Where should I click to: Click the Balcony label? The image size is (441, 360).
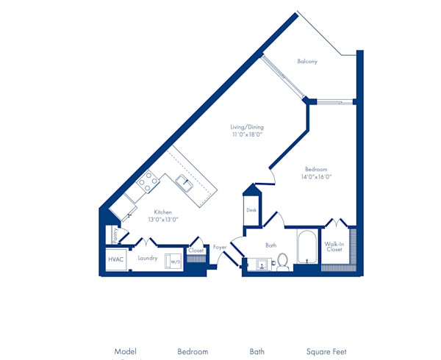click(307, 62)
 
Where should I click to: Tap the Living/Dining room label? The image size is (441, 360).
click(247, 127)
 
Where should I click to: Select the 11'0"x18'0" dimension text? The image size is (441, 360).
click(247, 135)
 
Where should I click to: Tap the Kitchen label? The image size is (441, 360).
click(162, 212)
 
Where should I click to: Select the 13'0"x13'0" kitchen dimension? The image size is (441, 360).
click(162, 220)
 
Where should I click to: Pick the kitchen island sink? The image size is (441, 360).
click(184, 183)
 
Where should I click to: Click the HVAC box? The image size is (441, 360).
click(116, 259)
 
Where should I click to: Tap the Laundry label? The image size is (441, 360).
click(147, 259)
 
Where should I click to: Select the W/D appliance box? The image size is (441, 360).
click(175, 261)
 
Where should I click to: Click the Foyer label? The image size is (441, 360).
click(220, 248)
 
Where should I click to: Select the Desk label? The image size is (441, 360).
click(251, 210)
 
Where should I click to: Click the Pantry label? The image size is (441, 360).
click(115, 235)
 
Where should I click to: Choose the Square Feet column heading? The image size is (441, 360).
click(326, 352)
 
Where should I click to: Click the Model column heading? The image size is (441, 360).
click(126, 352)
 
